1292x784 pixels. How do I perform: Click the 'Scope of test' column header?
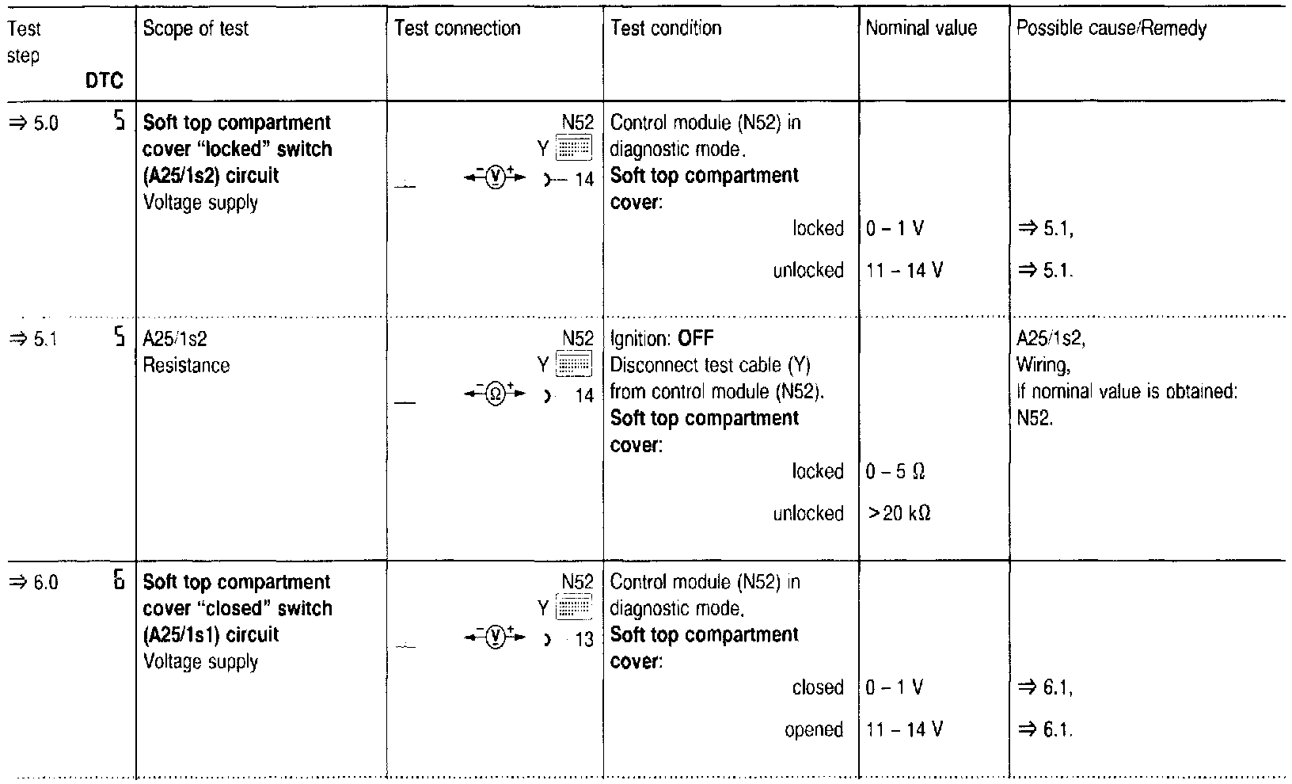[x=196, y=29]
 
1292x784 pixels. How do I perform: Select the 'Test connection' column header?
[x=457, y=29]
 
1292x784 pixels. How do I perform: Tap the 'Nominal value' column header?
[x=921, y=29]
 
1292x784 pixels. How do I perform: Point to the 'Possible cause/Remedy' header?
[x=1111, y=29]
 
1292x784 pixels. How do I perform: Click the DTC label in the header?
[x=104, y=81]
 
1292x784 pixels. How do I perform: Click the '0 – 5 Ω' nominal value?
[x=895, y=473]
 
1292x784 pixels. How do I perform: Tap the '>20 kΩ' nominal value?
[x=899, y=515]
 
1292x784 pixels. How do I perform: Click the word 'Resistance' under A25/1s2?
[x=186, y=366]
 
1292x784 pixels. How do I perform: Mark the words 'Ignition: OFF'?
[x=662, y=340]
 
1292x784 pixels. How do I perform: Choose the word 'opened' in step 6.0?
[x=814, y=730]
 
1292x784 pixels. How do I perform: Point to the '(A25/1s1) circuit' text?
[x=211, y=635]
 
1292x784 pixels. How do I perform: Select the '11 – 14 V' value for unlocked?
[x=904, y=271]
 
